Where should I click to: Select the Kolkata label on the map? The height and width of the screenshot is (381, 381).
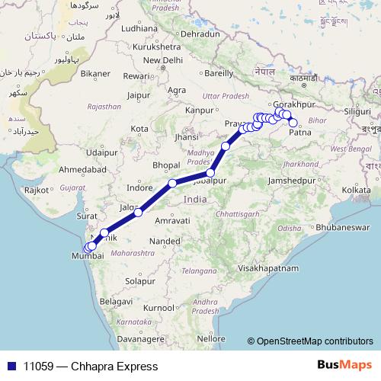pyautogui.click(x=335, y=189)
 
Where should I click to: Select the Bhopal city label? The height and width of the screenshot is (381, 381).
pyautogui.click(x=166, y=165)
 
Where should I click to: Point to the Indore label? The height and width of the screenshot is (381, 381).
pyautogui.click(x=139, y=187)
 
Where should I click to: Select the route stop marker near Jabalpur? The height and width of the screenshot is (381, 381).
pyautogui.click(x=210, y=173)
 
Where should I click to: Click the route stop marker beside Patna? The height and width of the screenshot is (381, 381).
pyautogui.click(x=293, y=122)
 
